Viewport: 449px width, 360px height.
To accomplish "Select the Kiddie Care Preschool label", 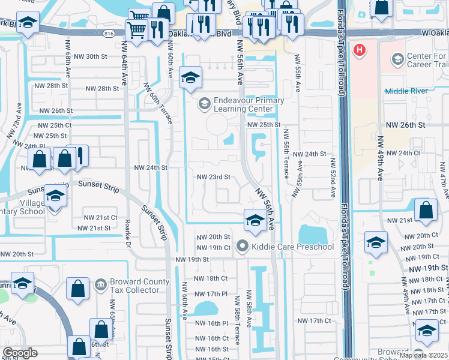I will pyautogui.click(x=292, y=247).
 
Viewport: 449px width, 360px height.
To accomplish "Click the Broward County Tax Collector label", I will pyautogui.click(x=134, y=286).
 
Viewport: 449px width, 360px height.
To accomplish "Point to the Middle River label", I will pyautogui.click(x=406, y=91).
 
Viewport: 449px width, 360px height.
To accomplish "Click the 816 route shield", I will pyautogui.click(x=108, y=34).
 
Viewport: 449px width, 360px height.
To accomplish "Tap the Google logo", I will pyautogui.click(x=20, y=353).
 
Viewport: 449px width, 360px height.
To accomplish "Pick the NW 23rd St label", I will pyautogui.click(x=214, y=177).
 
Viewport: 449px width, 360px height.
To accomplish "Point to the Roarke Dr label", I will pyautogui.click(x=127, y=235).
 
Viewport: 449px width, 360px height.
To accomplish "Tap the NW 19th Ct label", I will pyautogui.click(x=213, y=247).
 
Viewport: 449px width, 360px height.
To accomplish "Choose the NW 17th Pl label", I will pyautogui.click(x=211, y=293).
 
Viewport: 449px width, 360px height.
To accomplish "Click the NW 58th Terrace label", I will pyautogui.click(x=238, y=327).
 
